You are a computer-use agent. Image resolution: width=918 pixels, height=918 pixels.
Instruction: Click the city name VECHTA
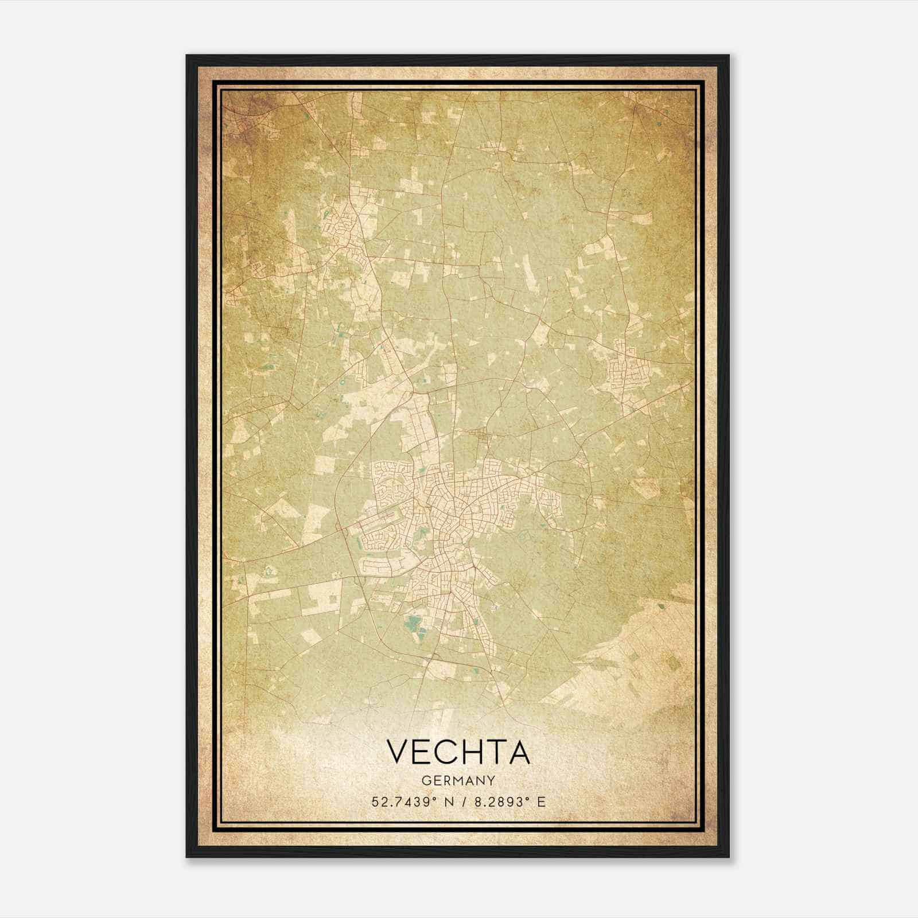[458, 752]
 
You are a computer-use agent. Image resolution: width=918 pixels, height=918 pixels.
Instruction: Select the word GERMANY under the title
[458, 781]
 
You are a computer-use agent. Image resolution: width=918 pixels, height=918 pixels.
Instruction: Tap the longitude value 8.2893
[497, 802]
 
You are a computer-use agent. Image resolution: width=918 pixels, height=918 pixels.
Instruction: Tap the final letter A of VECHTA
[518, 752]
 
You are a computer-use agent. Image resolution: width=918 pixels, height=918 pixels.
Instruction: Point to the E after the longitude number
[541, 802]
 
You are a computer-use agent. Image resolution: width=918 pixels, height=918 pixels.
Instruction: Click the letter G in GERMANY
[425, 781]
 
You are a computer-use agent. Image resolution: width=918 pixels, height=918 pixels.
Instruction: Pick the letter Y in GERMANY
[492, 781]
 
